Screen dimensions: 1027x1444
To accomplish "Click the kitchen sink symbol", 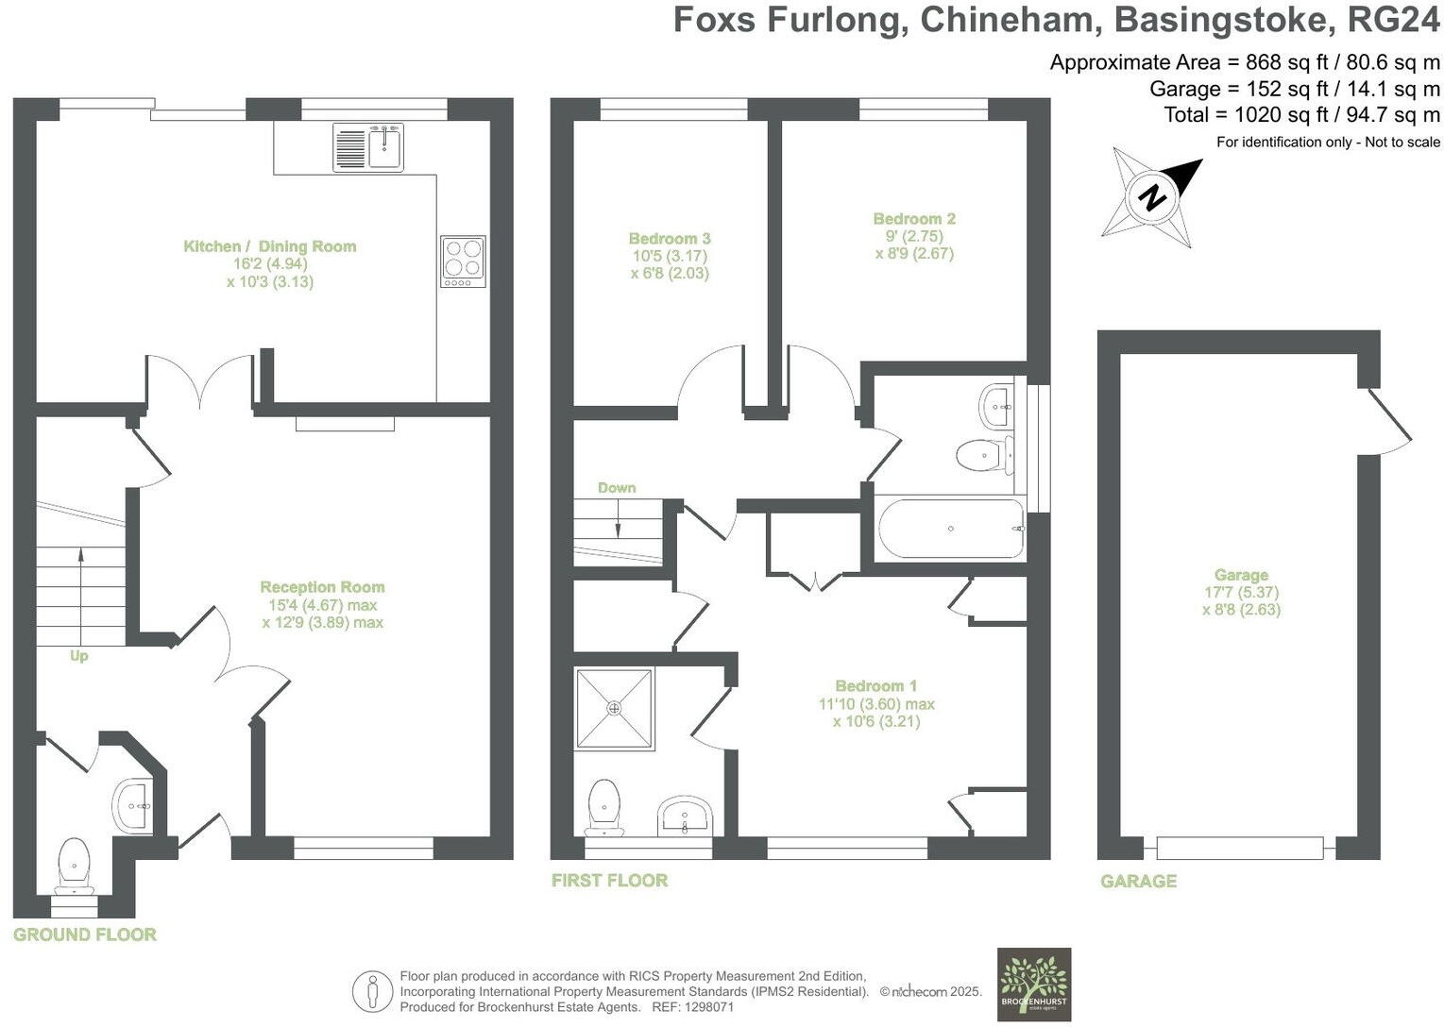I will tap(368, 147).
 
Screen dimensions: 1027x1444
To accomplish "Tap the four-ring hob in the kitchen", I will tap(463, 261).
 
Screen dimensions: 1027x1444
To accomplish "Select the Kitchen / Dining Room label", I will tap(269, 246).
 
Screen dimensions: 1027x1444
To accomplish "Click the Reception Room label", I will tap(322, 587).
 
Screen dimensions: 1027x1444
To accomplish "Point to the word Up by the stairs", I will tap(78, 655).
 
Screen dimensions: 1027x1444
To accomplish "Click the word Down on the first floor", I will tap(617, 488).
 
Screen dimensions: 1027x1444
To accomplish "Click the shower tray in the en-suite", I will tap(615, 708).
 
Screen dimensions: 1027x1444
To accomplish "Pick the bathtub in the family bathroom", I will tap(950, 529).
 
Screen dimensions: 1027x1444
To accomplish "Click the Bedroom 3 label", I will tap(670, 239).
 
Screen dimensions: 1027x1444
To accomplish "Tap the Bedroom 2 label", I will tap(914, 219).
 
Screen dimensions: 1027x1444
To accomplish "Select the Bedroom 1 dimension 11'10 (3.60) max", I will tap(876, 704).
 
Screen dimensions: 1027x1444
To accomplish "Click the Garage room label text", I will tap(1241, 575).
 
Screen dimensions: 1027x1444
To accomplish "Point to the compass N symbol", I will tap(1151, 198).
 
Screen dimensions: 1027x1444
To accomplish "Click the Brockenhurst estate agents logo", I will tap(1034, 984).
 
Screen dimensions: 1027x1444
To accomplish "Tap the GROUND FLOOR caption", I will tap(85, 934).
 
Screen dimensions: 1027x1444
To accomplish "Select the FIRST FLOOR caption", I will tap(610, 881).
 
